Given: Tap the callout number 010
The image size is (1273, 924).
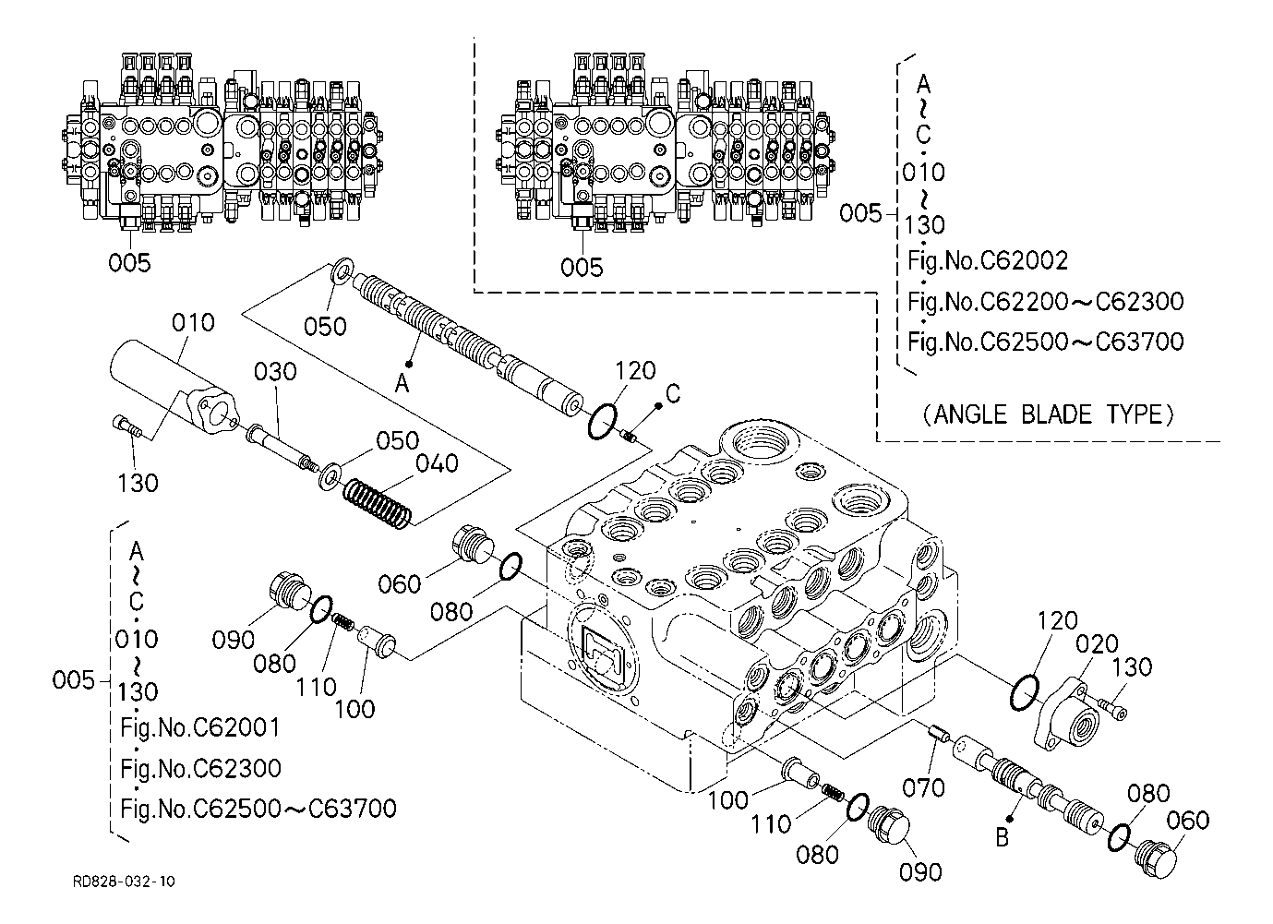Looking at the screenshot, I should (x=193, y=323).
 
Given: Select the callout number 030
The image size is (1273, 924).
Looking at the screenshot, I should (x=275, y=372).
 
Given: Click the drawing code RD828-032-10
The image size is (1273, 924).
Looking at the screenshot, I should (x=124, y=882).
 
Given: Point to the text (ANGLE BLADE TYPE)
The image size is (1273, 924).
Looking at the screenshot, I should (x=1050, y=414).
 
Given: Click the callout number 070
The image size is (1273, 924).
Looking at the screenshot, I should (x=923, y=787).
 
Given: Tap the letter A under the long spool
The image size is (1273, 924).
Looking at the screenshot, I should (x=402, y=384).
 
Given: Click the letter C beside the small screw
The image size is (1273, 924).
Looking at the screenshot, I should (x=673, y=394).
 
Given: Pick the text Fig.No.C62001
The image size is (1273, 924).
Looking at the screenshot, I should (x=199, y=728).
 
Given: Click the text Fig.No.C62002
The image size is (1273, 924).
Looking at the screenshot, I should (x=987, y=261).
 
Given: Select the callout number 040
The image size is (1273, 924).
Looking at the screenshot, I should (x=437, y=464).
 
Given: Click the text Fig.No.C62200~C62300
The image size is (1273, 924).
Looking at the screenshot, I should (x=1045, y=302).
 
